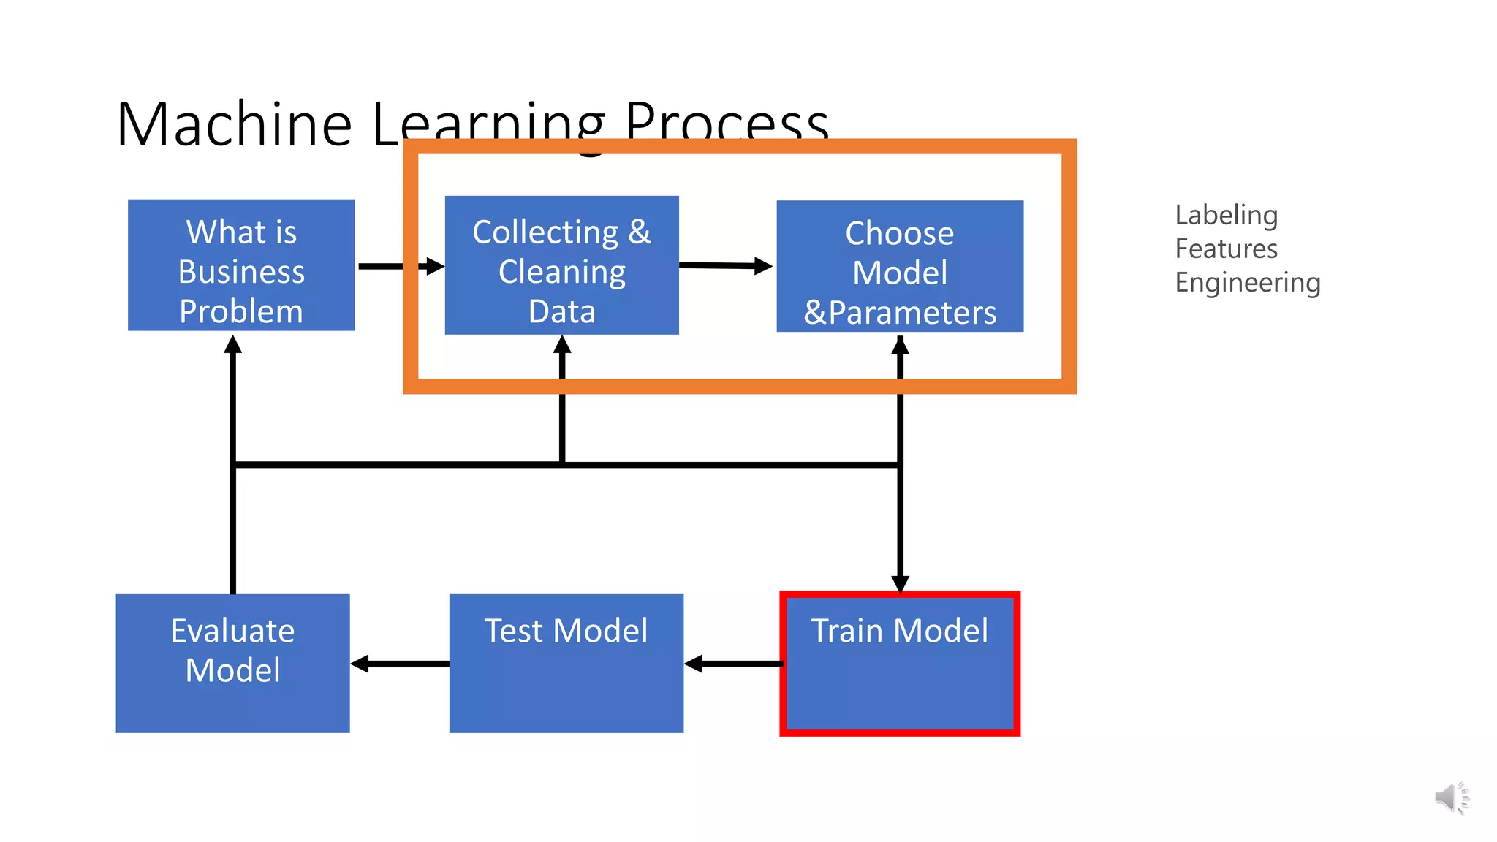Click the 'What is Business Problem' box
241,265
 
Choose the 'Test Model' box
566,664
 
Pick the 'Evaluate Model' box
232,664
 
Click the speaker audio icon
1452,797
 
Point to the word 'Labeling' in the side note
1227,215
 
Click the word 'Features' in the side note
1227,249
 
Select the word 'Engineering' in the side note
1248,282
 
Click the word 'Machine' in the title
234,124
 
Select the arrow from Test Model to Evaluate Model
400,664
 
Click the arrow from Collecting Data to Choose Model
725,266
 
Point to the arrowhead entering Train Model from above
901,583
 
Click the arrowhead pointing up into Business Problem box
232,344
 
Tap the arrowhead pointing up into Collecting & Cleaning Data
562,345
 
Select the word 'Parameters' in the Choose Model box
912,313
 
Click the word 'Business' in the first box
241,272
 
